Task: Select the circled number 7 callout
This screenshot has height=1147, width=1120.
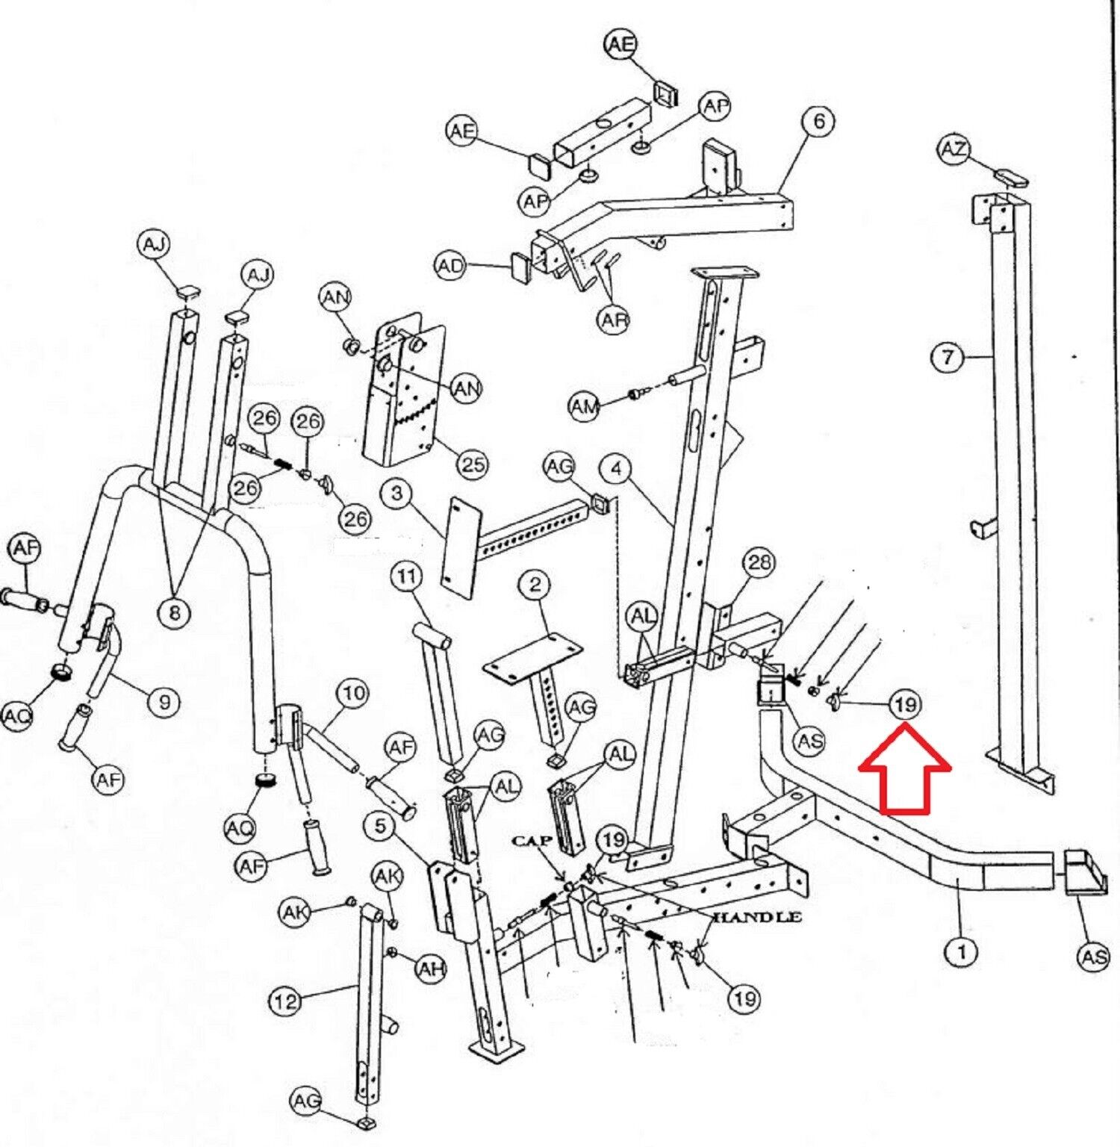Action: coord(948,357)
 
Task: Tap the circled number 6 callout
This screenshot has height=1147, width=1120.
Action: coord(818,122)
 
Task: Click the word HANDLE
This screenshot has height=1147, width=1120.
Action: coord(758,917)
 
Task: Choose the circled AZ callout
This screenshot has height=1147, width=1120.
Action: coord(953,150)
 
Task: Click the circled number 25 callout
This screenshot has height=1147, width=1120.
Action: coord(472,464)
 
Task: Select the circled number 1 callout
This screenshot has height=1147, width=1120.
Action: coord(962,951)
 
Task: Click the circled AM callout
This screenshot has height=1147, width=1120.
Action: coord(585,407)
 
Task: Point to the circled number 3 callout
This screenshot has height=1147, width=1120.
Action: coord(396,493)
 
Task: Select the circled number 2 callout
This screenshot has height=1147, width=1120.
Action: coord(535,585)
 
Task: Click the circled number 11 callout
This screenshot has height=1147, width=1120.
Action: coord(406,576)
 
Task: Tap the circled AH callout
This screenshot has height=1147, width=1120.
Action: coord(430,969)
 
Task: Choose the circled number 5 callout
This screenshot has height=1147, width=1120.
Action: coord(381,826)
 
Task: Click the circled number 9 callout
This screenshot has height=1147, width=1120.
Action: coord(164,701)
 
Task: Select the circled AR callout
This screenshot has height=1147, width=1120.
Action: coord(613,320)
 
